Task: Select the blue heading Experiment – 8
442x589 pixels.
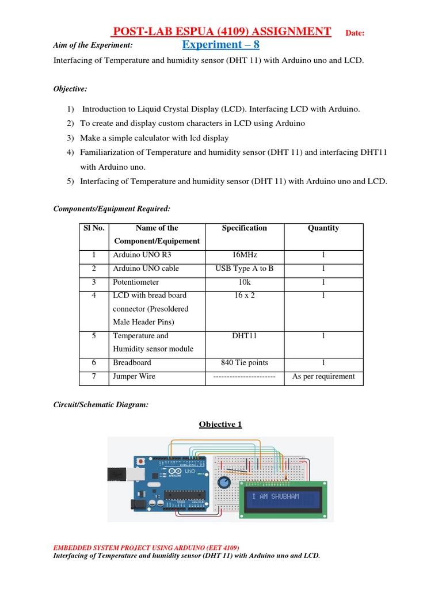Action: coord(220,45)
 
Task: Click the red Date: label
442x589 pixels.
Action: coord(355,33)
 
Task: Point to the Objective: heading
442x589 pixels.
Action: coord(70,89)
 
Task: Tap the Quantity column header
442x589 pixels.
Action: coord(323,228)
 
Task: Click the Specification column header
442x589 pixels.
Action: coord(245,228)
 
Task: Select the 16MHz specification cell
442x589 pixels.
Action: coord(245,254)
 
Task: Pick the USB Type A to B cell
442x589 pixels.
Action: coord(245,269)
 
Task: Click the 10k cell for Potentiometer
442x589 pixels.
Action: coord(245,282)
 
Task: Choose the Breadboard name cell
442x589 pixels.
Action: coord(132,363)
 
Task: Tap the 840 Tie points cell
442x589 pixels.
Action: coord(245,363)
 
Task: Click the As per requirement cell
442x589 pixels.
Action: coord(323,377)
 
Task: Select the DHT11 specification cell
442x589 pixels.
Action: coord(245,336)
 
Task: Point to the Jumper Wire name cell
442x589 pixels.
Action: coord(134,377)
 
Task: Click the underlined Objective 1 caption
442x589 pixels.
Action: coord(220,424)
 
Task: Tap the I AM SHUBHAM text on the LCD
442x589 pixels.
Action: coord(276,496)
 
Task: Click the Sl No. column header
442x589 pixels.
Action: coord(94,228)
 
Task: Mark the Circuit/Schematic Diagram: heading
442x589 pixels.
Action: coord(101,406)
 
